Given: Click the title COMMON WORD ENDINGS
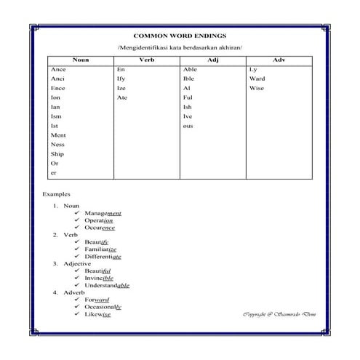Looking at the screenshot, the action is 180,35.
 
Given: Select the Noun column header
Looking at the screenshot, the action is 81,60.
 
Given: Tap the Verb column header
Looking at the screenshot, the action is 146,60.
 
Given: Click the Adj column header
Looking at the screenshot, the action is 212,60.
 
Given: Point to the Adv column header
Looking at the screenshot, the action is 279,60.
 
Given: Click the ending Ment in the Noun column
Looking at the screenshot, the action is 58,135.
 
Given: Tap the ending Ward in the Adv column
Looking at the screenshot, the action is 257,79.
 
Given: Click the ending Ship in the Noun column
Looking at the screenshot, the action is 57,154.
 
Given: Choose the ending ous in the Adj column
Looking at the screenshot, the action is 188,126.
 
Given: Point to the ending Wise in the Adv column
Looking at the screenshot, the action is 256,88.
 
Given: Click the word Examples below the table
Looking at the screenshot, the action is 56,195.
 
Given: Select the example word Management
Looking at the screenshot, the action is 103,213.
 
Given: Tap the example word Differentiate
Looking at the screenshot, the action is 103,257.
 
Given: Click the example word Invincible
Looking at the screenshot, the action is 99,278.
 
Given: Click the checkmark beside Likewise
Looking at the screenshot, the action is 77,314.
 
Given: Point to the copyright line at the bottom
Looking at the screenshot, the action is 279,314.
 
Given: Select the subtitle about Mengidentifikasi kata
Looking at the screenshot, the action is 180,47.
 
